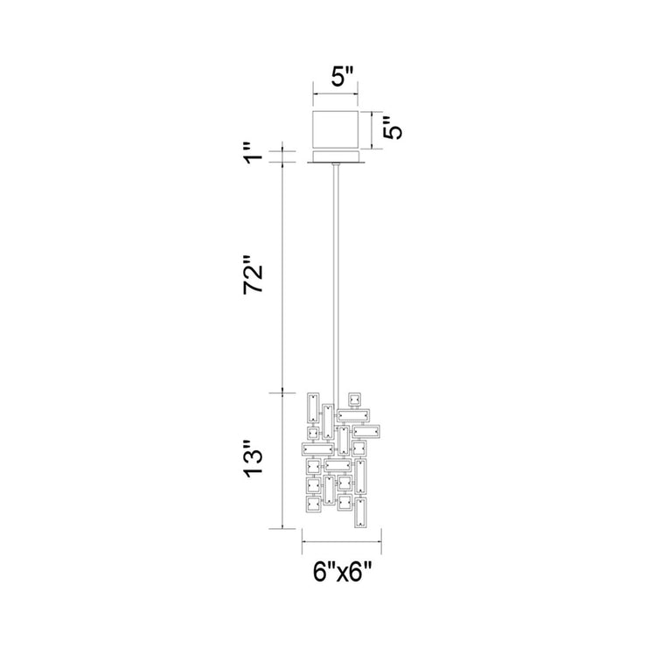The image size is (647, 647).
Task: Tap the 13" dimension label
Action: coord(253,459)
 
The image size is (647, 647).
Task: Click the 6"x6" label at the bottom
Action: coord(342,573)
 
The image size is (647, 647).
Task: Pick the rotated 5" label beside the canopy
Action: coord(392,129)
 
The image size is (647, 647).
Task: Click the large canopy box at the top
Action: coord(336,130)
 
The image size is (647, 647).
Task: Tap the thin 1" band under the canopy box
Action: coord(336,157)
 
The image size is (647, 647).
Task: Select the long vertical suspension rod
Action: coord(337,287)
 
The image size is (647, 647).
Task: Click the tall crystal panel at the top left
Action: coord(313,407)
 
